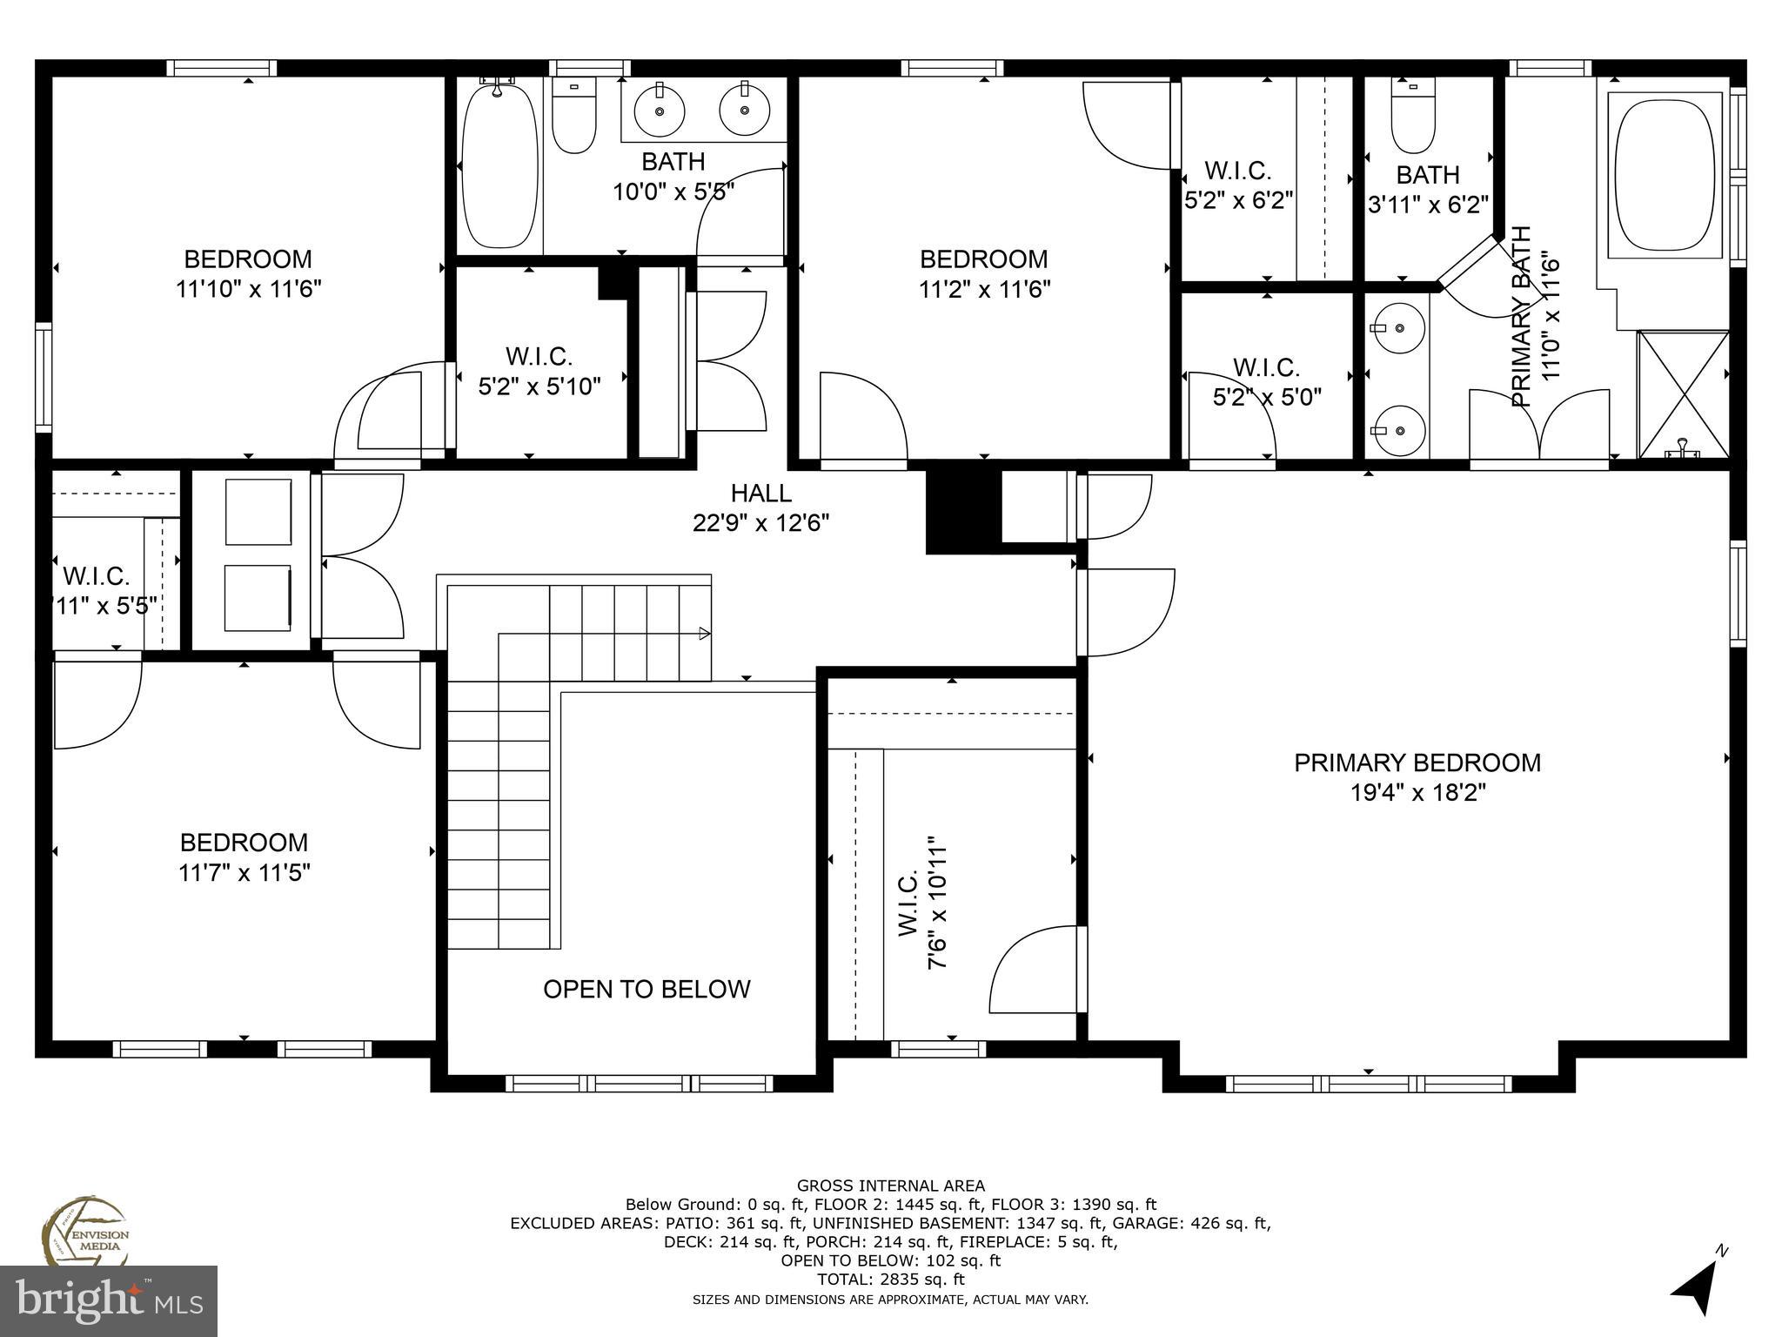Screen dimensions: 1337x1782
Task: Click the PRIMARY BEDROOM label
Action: coord(1417,763)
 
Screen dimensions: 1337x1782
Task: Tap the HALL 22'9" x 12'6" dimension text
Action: coord(760,523)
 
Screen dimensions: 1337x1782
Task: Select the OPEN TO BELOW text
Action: coord(646,989)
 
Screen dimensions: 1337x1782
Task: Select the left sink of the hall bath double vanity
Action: coord(659,111)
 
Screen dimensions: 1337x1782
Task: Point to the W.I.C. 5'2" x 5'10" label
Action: coord(539,371)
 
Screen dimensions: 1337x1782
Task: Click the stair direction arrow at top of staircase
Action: coord(705,633)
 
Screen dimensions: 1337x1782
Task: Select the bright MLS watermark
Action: coord(109,1300)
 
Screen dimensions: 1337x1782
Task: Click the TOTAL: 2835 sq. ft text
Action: coord(890,1280)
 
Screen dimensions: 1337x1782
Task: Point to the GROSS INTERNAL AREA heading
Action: coord(890,1186)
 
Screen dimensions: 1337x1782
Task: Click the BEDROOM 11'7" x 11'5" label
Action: coord(244,857)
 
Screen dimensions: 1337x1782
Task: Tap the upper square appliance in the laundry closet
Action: coord(258,512)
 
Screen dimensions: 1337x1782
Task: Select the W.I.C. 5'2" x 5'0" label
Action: coord(1266,382)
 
